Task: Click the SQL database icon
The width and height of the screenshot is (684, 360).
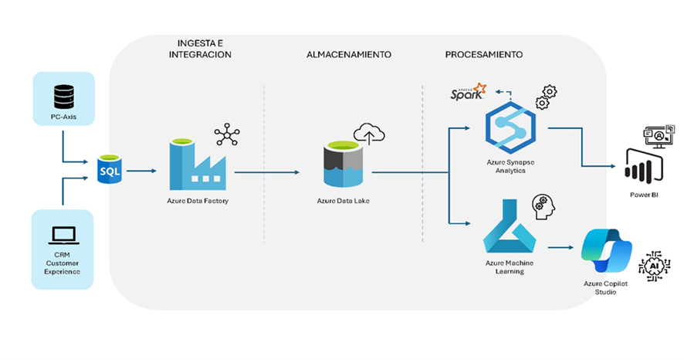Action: coord(110,169)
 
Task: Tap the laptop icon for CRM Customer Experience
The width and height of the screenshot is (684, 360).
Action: coord(63,233)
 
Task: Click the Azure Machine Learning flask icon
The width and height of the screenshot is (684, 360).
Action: coord(509,229)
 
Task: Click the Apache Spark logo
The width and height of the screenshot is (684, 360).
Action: coord(469,94)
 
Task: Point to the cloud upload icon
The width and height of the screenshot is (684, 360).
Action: coord(369,134)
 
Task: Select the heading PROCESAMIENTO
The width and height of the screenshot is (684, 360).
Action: coord(484,55)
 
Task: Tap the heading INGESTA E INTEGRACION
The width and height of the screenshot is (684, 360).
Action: coord(199,48)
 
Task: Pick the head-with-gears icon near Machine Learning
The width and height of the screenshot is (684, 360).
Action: coord(543,206)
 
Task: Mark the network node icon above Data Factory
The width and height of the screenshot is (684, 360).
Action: coord(227,134)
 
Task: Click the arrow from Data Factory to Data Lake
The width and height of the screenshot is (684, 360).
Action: coord(267,172)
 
